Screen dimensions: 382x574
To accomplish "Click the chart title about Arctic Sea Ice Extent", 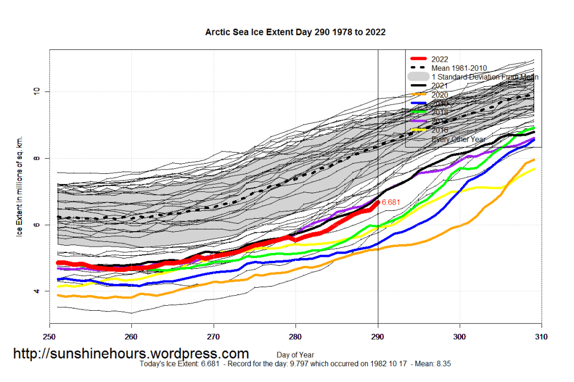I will point(295,32).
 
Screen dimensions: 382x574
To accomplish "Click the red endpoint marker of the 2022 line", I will point(378,202).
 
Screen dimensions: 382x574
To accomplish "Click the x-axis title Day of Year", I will point(295,355).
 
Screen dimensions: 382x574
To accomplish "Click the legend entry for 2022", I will point(440,59).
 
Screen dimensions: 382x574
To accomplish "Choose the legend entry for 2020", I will point(440,95).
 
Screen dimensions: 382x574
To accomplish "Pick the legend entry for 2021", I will point(440,86).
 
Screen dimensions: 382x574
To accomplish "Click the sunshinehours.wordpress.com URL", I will point(131,354).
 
